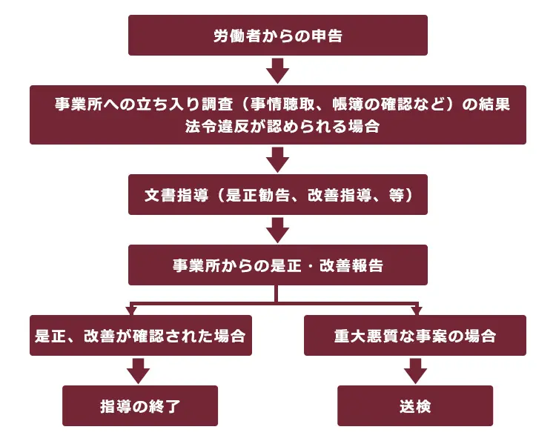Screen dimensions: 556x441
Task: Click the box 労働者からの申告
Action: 278,35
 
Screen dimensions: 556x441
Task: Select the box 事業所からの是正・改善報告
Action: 278,265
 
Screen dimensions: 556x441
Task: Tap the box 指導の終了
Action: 140,405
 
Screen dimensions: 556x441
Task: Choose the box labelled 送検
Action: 415,405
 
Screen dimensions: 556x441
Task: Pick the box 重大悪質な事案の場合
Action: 415,335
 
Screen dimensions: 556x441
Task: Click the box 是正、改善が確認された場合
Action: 141,335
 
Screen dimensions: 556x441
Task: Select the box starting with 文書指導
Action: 278,195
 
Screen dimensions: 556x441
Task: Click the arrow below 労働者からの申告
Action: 278,70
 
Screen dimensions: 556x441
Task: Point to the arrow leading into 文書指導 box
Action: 278,159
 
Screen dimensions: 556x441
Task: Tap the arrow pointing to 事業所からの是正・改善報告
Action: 278,230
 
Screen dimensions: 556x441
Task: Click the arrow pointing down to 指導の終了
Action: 139,371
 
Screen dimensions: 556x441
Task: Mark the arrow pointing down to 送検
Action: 415,371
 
